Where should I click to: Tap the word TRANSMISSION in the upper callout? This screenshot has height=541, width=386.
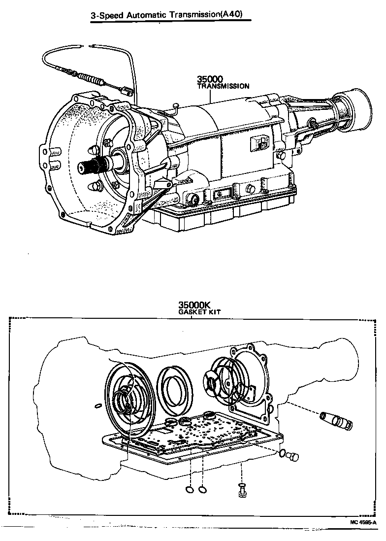point(223,86)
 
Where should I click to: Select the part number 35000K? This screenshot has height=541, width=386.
point(192,305)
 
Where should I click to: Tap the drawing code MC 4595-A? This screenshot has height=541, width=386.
point(363,522)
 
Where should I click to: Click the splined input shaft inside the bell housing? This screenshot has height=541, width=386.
point(89,168)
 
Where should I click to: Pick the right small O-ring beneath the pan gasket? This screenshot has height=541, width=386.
point(202,490)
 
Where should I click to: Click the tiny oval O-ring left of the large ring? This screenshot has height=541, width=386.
point(97,406)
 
